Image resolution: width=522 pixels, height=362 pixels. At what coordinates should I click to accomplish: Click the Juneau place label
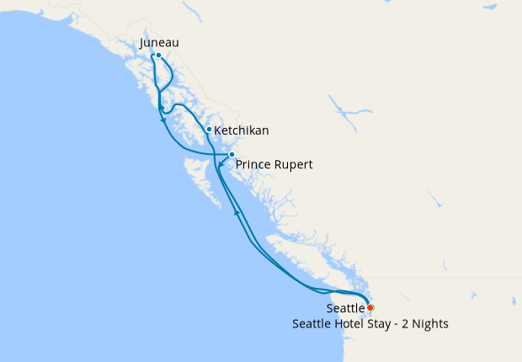point(159,42)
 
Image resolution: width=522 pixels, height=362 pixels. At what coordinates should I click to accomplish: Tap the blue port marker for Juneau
point(158,56)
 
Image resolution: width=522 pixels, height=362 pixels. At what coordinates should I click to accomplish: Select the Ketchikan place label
point(242,130)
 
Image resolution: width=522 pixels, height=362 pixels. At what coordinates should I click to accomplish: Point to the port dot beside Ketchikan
point(209,130)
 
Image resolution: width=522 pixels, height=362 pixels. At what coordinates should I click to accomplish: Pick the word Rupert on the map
point(294,164)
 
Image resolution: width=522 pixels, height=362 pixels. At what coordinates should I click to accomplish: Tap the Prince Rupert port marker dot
point(232,155)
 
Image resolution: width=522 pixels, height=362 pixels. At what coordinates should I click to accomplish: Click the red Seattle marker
point(370,307)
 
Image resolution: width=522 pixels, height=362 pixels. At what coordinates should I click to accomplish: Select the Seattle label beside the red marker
point(346,309)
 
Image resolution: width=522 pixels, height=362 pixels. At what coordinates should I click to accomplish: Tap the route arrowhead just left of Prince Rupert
point(221,164)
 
